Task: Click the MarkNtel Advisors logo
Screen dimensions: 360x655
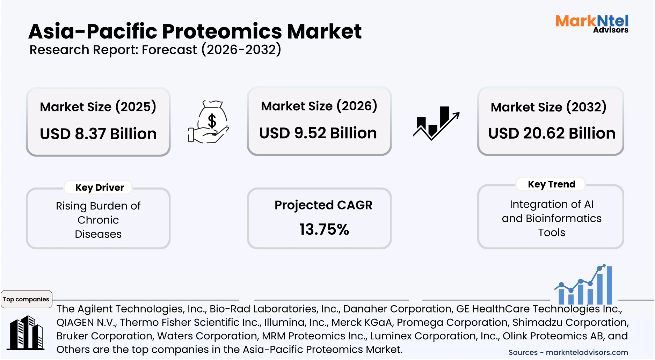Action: coord(592,23)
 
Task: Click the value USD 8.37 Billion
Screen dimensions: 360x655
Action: coord(98,134)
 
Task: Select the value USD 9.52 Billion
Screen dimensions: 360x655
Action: coord(318,133)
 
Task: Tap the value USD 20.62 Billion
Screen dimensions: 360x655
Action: coord(552,133)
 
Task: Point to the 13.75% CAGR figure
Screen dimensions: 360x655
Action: coord(324,229)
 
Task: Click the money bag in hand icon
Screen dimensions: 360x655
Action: coord(209,122)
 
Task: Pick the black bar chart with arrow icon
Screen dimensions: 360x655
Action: coord(436,123)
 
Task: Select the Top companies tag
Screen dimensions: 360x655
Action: coord(26,299)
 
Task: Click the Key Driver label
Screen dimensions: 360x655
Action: coord(100,188)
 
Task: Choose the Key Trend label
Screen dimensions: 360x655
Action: coord(551,184)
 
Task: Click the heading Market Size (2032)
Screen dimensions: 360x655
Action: coord(548,107)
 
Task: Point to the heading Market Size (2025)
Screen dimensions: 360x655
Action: coord(98,106)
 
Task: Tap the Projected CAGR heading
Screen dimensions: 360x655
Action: coord(323,205)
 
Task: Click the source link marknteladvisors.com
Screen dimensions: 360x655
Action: coord(587,352)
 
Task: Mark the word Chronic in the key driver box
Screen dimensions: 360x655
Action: coord(98,220)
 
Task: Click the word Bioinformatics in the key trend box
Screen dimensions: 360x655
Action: coord(563,218)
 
